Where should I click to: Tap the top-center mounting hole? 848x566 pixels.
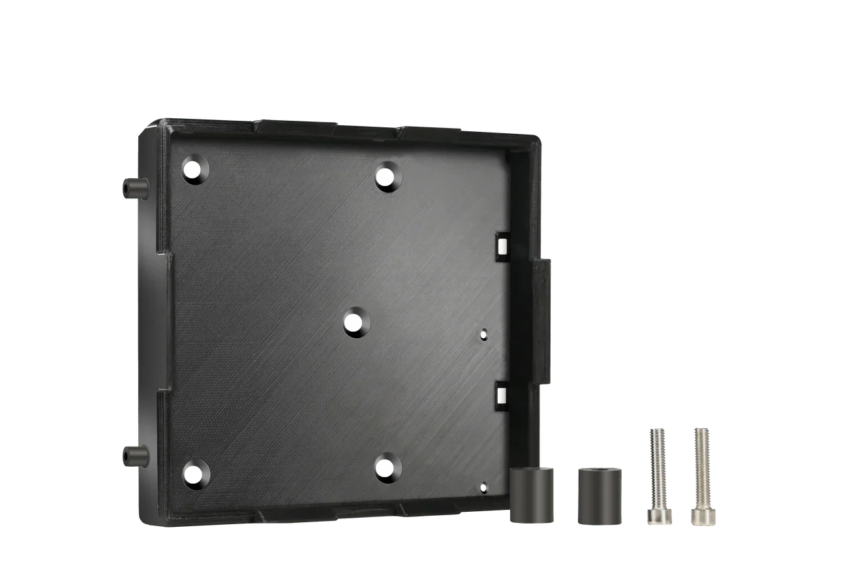pos(388,176)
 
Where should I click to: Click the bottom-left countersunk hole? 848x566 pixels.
pos(194,473)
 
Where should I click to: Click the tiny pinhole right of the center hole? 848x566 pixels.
pos(483,334)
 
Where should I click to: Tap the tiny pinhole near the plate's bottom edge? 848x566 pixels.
pos(483,486)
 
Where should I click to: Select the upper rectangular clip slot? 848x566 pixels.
pos(502,245)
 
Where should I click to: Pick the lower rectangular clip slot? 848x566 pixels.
pos(502,394)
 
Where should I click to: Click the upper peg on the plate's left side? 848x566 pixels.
pos(132,188)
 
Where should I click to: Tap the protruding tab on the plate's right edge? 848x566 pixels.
pos(544,319)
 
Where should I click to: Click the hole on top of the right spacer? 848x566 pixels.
pos(599,471)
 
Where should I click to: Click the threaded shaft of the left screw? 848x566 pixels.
pos(656,467)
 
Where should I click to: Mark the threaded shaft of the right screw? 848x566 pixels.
pos(701,467)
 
